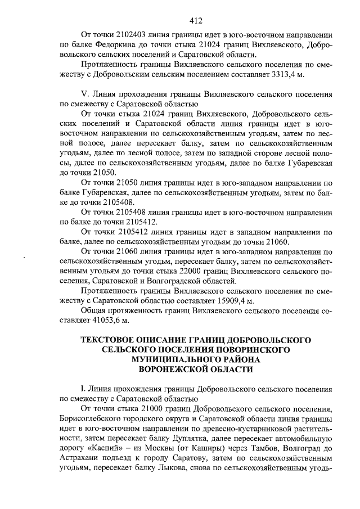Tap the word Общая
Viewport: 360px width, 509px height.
coord(96,310)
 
